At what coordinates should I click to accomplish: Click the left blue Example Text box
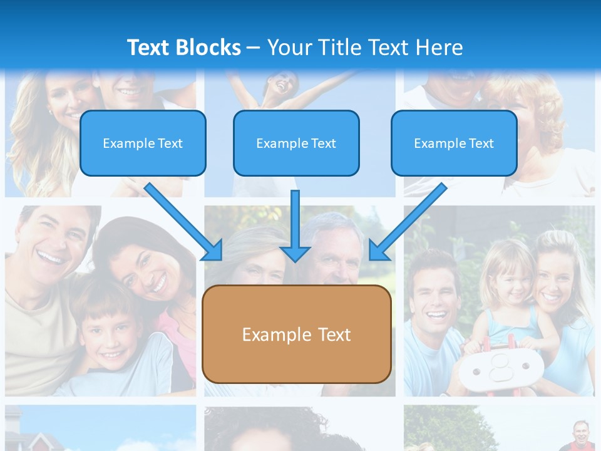pyautogui.click(x=143, y=143)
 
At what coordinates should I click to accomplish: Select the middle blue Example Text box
pyautogui.click(x=296, y=143)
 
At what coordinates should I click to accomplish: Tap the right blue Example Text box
pyautogui.click(x=454, y=143)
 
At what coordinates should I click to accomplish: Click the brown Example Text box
pyautogui.click(x=296, y=334)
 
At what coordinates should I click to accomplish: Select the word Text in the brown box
pyautogui.click(x=336, y=334)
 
